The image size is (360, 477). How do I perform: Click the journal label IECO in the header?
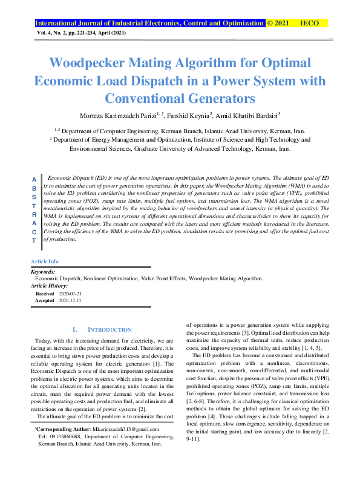pos(309,23)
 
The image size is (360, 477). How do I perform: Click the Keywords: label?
pos(43,272)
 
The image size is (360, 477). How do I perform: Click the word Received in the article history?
pos(45,293)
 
